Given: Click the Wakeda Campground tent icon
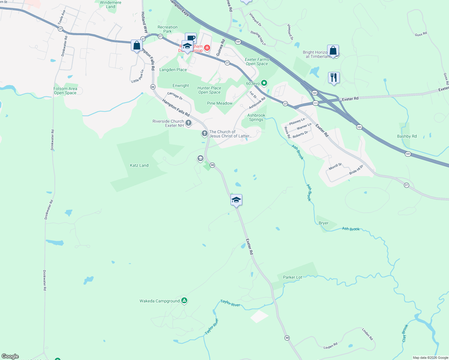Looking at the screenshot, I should tap(184, 300).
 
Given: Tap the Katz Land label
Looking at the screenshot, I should tap(139, 165).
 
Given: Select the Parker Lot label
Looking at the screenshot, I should tap(293, 277).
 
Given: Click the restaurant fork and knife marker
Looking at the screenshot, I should tap(334, 78).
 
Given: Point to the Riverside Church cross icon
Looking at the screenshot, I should tap(188, 123).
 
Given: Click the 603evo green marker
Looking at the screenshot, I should tap(264, 83).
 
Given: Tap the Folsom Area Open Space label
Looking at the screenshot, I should tap(65, 91).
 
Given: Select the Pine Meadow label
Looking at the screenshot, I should tap(220, 103).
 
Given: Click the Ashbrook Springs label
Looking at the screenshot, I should tap(256, 117).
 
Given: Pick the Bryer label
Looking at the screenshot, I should tap(324, 223).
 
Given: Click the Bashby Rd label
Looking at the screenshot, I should tap(407, 136).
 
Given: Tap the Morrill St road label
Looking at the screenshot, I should tap(335, 166).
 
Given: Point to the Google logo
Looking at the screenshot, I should tap(10, 356).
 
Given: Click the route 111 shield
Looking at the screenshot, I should tap(315, 103).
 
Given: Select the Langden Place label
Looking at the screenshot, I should tap(173, 70).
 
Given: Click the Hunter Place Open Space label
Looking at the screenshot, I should tap(209, 90).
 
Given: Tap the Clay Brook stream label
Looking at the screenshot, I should tap(405, 333).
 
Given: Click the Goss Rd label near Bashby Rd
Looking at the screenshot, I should tap(446, 79).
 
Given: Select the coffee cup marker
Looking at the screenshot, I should tap(191, 38).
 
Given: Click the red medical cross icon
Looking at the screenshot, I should tap(207, 48).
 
